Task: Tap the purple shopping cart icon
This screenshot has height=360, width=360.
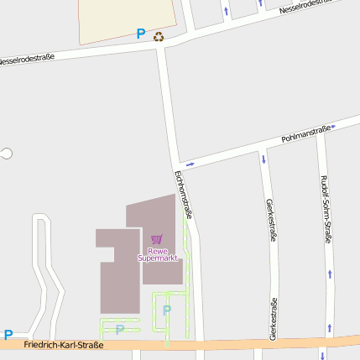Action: pos(157,239)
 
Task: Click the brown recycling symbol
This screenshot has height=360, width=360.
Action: pos(159,35)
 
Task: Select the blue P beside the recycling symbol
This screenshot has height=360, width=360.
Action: pos(141,34)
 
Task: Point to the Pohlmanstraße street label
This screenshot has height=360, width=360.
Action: pos(305,133)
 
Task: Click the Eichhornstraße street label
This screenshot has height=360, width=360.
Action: pos(183,195)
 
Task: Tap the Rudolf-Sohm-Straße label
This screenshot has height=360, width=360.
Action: pos(326,209)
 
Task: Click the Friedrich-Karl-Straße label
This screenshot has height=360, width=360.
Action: pos(64,345)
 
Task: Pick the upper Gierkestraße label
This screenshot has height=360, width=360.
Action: pos(270,220)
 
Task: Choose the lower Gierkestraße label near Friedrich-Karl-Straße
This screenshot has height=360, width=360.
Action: pos(274,322)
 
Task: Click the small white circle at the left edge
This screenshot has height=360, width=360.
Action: pos(7,153)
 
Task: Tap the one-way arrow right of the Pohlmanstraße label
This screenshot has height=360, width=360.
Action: pos(334,127)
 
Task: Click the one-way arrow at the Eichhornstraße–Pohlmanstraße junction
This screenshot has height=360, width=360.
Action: pos(190,163)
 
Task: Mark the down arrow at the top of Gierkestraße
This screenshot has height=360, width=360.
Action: pos(263,158)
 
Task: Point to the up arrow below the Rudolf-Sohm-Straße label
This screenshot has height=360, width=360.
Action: pos(329,274)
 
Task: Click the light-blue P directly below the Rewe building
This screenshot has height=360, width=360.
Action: pos(120,328)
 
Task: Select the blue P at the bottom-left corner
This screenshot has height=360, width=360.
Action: pos(8,334)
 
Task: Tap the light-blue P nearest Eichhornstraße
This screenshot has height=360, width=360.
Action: pos(166,310)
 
